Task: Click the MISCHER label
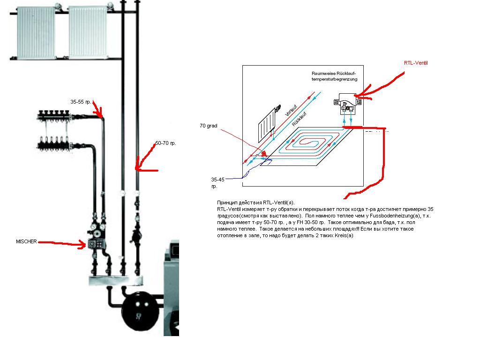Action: pyautogui.click(x=26, y=241)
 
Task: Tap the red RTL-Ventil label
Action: pyautogui.click(x=416, y=63)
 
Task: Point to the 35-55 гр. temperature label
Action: pyautogui.click(x=81, y=102)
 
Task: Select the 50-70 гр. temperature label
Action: pyautogui.click(x=165, y=143)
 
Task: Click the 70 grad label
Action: pyautogui.click(x=209, y=126)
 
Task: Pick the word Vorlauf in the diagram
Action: pyautogui.click(x=291, y=110)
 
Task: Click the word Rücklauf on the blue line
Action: pyautogui.click(x=299, y=119)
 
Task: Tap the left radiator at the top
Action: pyautogui.click(x=37, y=32)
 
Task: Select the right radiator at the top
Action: pyautogui.click(x=88, y=32)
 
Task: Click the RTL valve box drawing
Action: pyautogui.click(x=348, y=104)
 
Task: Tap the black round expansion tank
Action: pyautogui.click(x=141, y=311)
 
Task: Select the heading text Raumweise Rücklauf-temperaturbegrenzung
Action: pyautogui.click(x=334, y=76)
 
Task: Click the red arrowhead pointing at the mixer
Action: pyautogui.click(x=82, y=245)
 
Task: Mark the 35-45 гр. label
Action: pyautogui.click(x=217, y=183)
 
